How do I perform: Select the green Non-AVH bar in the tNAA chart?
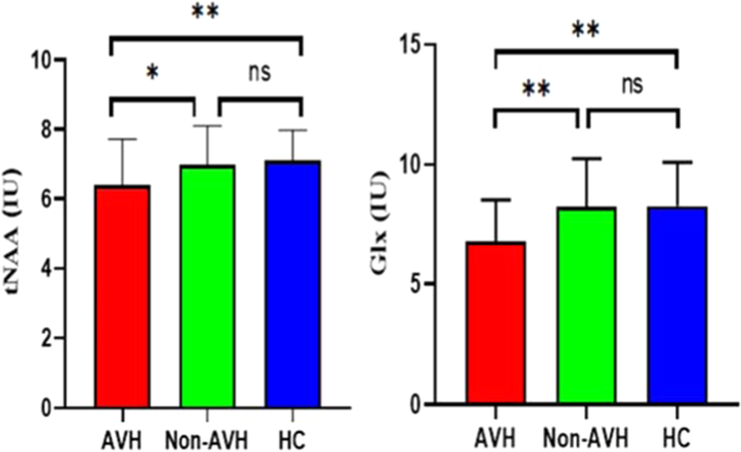[x=207, y=287]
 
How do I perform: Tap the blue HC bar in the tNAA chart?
[x=292, y=285]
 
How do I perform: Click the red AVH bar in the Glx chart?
[x=495, y=323]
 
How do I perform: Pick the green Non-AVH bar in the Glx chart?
[x=586, y=306]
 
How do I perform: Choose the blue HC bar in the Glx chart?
[x=678, y=306]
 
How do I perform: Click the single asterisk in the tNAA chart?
[x=152, y=74]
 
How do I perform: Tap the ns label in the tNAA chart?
[x=260, y=73]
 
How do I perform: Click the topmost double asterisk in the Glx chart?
[x=586, y=30]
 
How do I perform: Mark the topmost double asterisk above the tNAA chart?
[x=205, y=12]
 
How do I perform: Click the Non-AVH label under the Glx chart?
[x=586, y=440]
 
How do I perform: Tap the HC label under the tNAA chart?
[x=292, y=440]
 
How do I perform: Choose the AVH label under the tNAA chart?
[x=122, y=440]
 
